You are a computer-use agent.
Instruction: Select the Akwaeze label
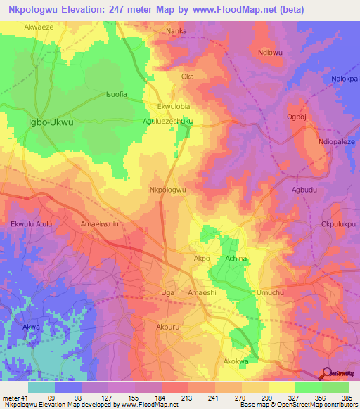39,25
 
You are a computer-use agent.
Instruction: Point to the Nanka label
176,31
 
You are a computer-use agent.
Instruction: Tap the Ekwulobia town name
174,106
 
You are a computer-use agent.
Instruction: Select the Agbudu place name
304,190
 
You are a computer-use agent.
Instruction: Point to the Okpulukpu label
340,224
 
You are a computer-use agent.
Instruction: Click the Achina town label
236,259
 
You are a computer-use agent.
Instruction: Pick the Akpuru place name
169,327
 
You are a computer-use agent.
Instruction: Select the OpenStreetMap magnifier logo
326,375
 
